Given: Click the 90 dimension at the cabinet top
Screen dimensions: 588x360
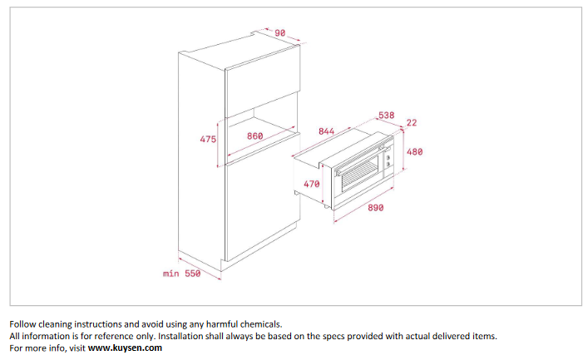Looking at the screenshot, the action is (279, 33).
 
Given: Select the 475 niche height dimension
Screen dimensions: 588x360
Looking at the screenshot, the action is (208, 139).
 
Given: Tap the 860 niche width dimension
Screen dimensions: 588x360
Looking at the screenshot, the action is (255, 136).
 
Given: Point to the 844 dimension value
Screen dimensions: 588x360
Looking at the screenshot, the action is (326, 131).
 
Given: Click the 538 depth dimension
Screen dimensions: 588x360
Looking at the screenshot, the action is (386, 115).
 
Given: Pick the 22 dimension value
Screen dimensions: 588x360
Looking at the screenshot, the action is (412, 122).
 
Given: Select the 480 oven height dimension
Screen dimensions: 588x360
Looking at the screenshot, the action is (414, 151).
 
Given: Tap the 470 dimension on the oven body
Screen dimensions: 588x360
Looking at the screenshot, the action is (311, 184).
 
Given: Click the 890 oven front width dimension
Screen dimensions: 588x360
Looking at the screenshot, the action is (375, 207).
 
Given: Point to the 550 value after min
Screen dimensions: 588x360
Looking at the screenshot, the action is (192, 274).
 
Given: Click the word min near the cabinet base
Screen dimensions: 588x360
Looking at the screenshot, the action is (170, 274).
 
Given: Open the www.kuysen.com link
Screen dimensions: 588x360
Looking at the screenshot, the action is (125, 348).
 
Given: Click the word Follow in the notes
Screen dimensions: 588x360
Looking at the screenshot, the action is (22, 324).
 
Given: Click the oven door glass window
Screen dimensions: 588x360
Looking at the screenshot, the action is (360, 173).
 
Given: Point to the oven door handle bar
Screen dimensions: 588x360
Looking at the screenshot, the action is (358, 160).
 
